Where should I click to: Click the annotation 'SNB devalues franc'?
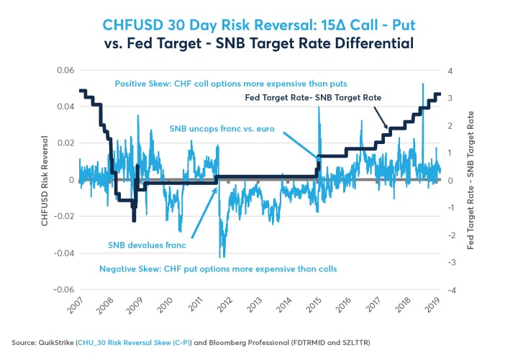[147, 245]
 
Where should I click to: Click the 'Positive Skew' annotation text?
[240, 84]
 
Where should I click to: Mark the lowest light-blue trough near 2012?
[221, 257]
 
